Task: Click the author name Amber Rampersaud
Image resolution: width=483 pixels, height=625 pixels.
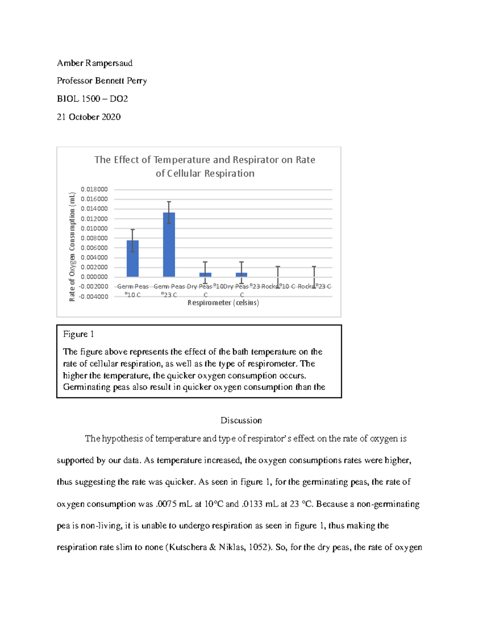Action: (x=95, y=63)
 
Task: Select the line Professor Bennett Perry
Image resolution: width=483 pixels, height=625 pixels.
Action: (x=102, y=81)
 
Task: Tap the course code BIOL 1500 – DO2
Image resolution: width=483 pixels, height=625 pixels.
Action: (x=92, y=99)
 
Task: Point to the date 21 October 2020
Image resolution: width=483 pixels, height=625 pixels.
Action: (x=89, y=117)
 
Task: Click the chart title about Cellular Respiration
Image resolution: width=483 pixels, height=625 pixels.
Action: (x=204, y=167)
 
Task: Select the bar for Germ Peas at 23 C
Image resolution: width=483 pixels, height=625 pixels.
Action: (x=169, y=245)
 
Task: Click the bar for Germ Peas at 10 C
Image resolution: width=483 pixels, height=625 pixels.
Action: (x=132, y=258)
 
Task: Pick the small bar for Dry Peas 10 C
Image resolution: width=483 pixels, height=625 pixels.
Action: (x=205, y=274)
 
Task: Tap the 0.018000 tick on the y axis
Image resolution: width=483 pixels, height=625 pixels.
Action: (x=94, y=190)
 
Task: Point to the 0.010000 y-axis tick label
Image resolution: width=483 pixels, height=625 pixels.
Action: (x=94, y=229)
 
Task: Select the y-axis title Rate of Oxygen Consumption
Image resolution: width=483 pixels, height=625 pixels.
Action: (x=72, y=247)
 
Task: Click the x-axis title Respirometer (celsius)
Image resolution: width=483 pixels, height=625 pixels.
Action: (x=223, y=303)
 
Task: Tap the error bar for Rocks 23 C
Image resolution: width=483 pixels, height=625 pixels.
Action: (x=314, y=277)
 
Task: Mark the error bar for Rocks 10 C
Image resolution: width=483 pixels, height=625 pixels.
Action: (x=278, y=277)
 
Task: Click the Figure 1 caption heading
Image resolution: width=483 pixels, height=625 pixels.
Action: (x=78, y=334)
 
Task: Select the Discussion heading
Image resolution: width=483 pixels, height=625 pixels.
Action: (x=241, y=421)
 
